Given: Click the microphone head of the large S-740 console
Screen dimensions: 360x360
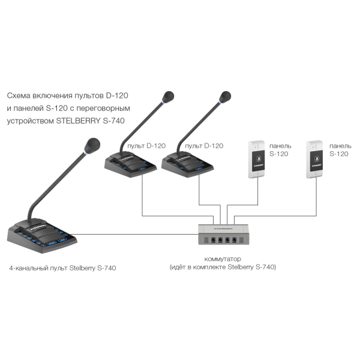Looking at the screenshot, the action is coord(92,146).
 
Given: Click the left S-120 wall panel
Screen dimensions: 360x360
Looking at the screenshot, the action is coord(257,160).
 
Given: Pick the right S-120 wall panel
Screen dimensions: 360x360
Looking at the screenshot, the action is coord(314,160).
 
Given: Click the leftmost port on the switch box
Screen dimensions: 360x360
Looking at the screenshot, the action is coord(213,240).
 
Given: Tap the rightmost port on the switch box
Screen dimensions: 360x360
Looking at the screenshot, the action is coord(234,240).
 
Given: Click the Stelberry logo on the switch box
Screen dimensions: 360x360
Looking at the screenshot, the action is coord(223,229).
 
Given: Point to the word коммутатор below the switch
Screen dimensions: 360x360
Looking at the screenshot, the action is coord(223,259).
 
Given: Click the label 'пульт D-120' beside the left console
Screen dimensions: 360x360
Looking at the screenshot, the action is coord(146,146).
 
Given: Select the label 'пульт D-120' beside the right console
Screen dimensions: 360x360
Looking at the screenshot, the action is coord(204,146).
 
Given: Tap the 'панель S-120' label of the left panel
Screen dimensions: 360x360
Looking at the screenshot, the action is coord(280,149).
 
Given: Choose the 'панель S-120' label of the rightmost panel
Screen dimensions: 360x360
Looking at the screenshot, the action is coord(340,149).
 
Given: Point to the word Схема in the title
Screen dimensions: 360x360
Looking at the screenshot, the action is coord(19,95).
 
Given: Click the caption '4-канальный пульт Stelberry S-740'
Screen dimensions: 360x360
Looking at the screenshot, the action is coord(62,268).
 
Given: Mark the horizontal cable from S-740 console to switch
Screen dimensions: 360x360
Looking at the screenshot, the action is coord(136,235).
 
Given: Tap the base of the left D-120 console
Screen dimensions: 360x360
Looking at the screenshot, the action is coord(130,166).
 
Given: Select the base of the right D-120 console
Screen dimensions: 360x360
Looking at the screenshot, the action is coord(187,166).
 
